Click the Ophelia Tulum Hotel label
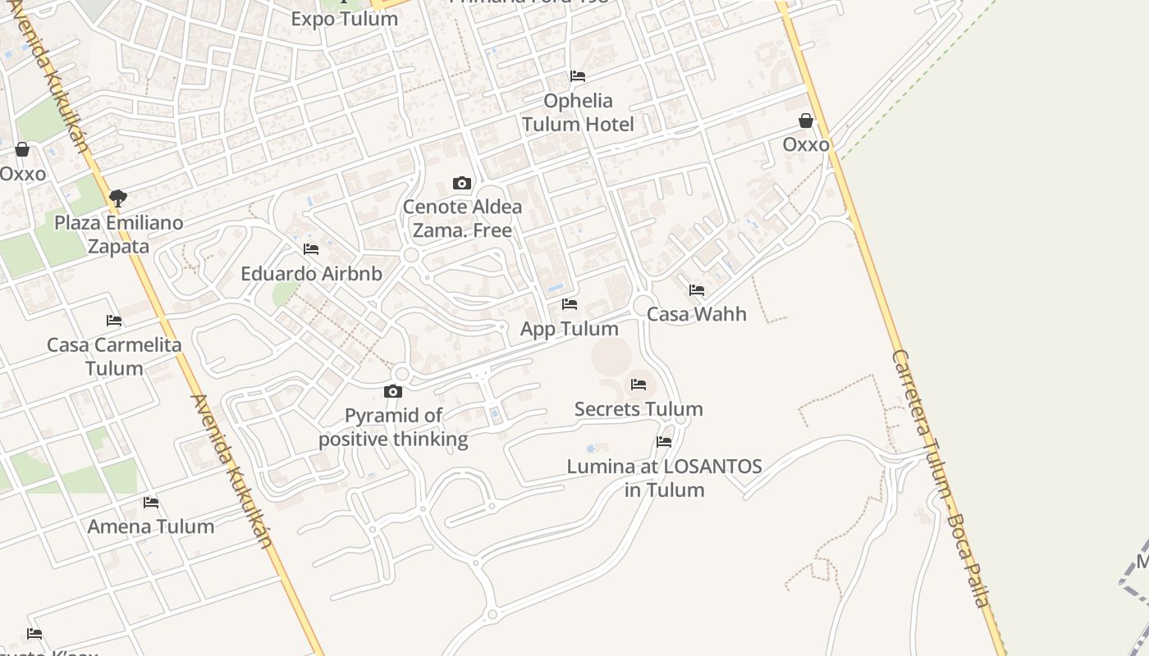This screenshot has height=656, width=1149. (578, 112)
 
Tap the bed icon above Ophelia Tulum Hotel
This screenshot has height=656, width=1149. (578, 76)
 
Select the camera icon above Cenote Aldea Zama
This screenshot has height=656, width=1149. (462, 183)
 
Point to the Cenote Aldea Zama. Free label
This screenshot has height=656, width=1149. (462, 218)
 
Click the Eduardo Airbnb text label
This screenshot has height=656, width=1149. (311, 273)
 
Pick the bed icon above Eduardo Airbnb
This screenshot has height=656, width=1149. (311, 248)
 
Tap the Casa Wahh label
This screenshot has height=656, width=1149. (697, 314)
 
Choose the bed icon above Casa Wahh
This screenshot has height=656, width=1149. (697, 290)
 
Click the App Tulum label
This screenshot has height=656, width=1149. (570, 329)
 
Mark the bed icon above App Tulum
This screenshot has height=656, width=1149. (570, 304)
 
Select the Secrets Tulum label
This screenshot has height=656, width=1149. (639, 408)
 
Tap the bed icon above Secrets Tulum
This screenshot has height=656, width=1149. (639, 384)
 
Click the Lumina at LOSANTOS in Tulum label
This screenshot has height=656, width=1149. (664, 478)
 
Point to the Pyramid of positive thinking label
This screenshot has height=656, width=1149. (393, 427)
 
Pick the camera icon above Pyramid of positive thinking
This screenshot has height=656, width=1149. (393, 391)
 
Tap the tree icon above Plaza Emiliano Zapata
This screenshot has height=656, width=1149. (118, 197)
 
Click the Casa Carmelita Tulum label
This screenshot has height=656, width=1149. (114, 356)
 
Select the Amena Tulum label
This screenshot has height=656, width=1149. (151, 526)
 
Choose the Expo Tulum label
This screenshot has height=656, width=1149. (345, 18)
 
